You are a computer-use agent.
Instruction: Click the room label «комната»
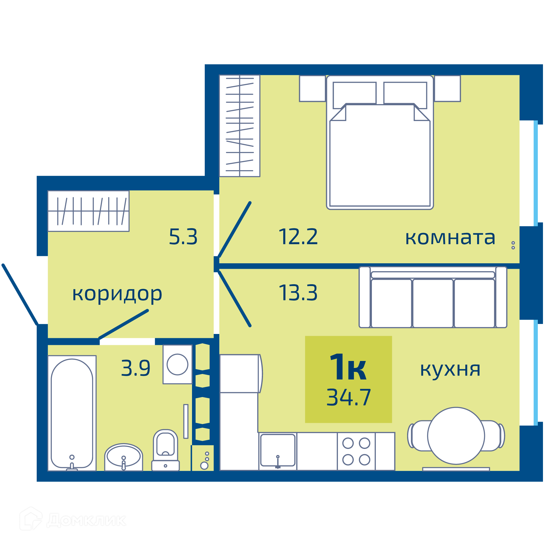point(450,238)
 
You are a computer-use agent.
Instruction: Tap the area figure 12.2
point(298,237)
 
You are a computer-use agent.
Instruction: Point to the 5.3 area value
point(183,237)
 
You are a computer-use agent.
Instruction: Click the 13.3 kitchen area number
point(298,293)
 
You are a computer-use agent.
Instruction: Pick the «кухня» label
point(450,370)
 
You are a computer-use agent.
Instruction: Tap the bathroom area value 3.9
point(136,368)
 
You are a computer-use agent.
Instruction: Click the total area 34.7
point(349,397)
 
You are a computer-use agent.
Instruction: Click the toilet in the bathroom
point(165,450)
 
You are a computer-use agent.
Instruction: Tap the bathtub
point(72,413)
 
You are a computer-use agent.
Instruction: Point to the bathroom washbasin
point(123,457)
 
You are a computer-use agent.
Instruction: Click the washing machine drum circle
point(177,364)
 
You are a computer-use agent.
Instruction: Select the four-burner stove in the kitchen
point(356,451)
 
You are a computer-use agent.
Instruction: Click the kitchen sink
point(278,450)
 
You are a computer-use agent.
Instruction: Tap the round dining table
point(456,436)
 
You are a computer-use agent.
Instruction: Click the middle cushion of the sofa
point(433,303)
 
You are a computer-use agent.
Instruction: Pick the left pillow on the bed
point(355,95)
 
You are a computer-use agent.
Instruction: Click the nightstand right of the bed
point(447,88)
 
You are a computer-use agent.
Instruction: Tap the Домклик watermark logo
point(73,520)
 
